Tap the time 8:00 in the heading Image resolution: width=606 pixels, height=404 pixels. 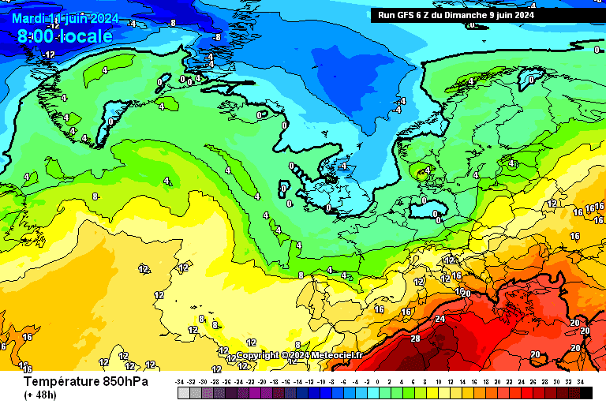[x=36, y=36]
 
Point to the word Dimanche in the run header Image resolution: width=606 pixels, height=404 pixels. [x=477, y=14]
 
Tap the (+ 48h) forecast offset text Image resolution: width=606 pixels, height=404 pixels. [x=39, y=395]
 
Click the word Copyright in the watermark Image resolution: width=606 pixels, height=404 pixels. [x=257, y=355]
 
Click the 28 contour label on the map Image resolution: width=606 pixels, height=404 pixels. [x=416, y=338]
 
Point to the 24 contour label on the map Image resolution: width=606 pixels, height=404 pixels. [x=440, y=320]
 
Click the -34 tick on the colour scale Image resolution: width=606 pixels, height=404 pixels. [x=181, y=381]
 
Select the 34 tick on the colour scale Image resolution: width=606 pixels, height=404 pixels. [x=582, y=381]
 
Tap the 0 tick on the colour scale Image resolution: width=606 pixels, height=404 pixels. [x=378, y=381]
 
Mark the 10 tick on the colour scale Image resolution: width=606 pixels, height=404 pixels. [x=438, y=381]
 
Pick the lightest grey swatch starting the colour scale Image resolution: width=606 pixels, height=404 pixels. [x=183, y=392]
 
